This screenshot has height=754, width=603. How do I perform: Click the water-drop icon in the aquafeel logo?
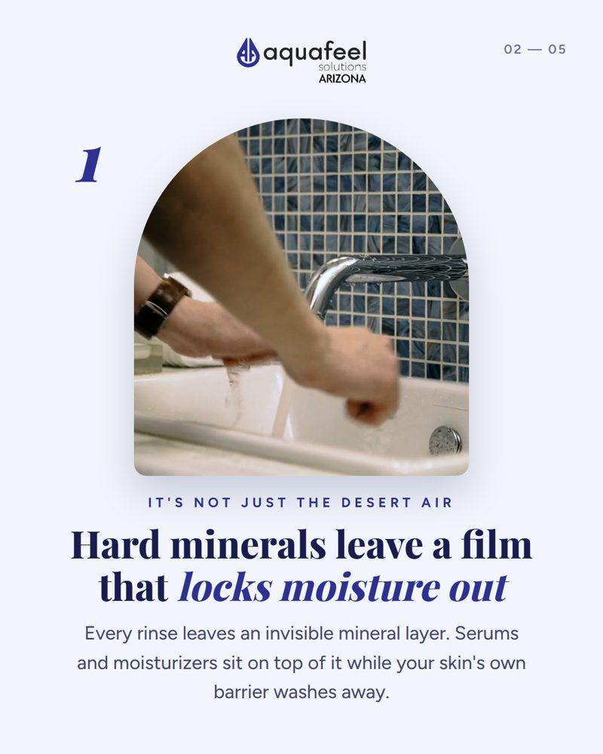(x=248, y=53)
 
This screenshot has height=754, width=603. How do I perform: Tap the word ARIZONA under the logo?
(x=342, y=78)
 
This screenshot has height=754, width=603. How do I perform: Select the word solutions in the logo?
(x=342, y=66)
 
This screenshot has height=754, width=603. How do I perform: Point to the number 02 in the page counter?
(x=513, y=49)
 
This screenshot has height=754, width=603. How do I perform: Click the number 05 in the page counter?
(x=557, y=49)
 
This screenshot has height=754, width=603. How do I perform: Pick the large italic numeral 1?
(x=89, y=165)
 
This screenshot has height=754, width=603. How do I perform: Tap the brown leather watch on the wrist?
(x=161, y=306)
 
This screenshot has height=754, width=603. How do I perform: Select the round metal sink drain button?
(x=445, y=440)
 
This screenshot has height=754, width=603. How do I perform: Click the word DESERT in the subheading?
(x=377, y=502)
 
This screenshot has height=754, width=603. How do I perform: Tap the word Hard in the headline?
(x=115, y=545)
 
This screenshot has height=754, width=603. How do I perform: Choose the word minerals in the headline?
(x=248, y=545)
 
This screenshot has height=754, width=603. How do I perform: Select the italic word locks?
(x=225, y=587)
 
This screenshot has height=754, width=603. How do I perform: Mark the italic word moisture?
(x=360, y=587)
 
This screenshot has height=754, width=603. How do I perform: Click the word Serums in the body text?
(x=487, y=633)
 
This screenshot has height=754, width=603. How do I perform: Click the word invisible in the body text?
(x=299, y=633)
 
